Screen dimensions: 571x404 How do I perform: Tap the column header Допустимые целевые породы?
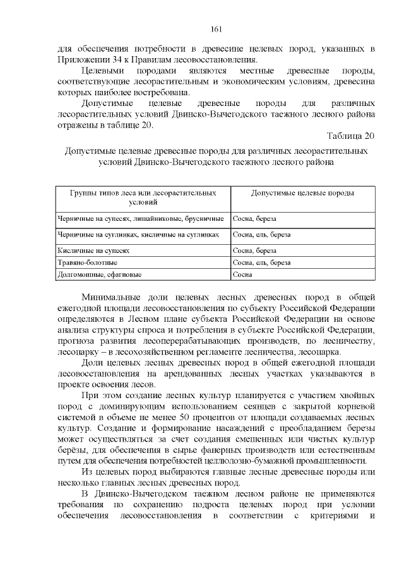tap(302, 192)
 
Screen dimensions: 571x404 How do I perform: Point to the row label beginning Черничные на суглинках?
tap(138, 234)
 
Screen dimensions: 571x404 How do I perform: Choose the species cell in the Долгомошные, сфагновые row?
tap(242, 274)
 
